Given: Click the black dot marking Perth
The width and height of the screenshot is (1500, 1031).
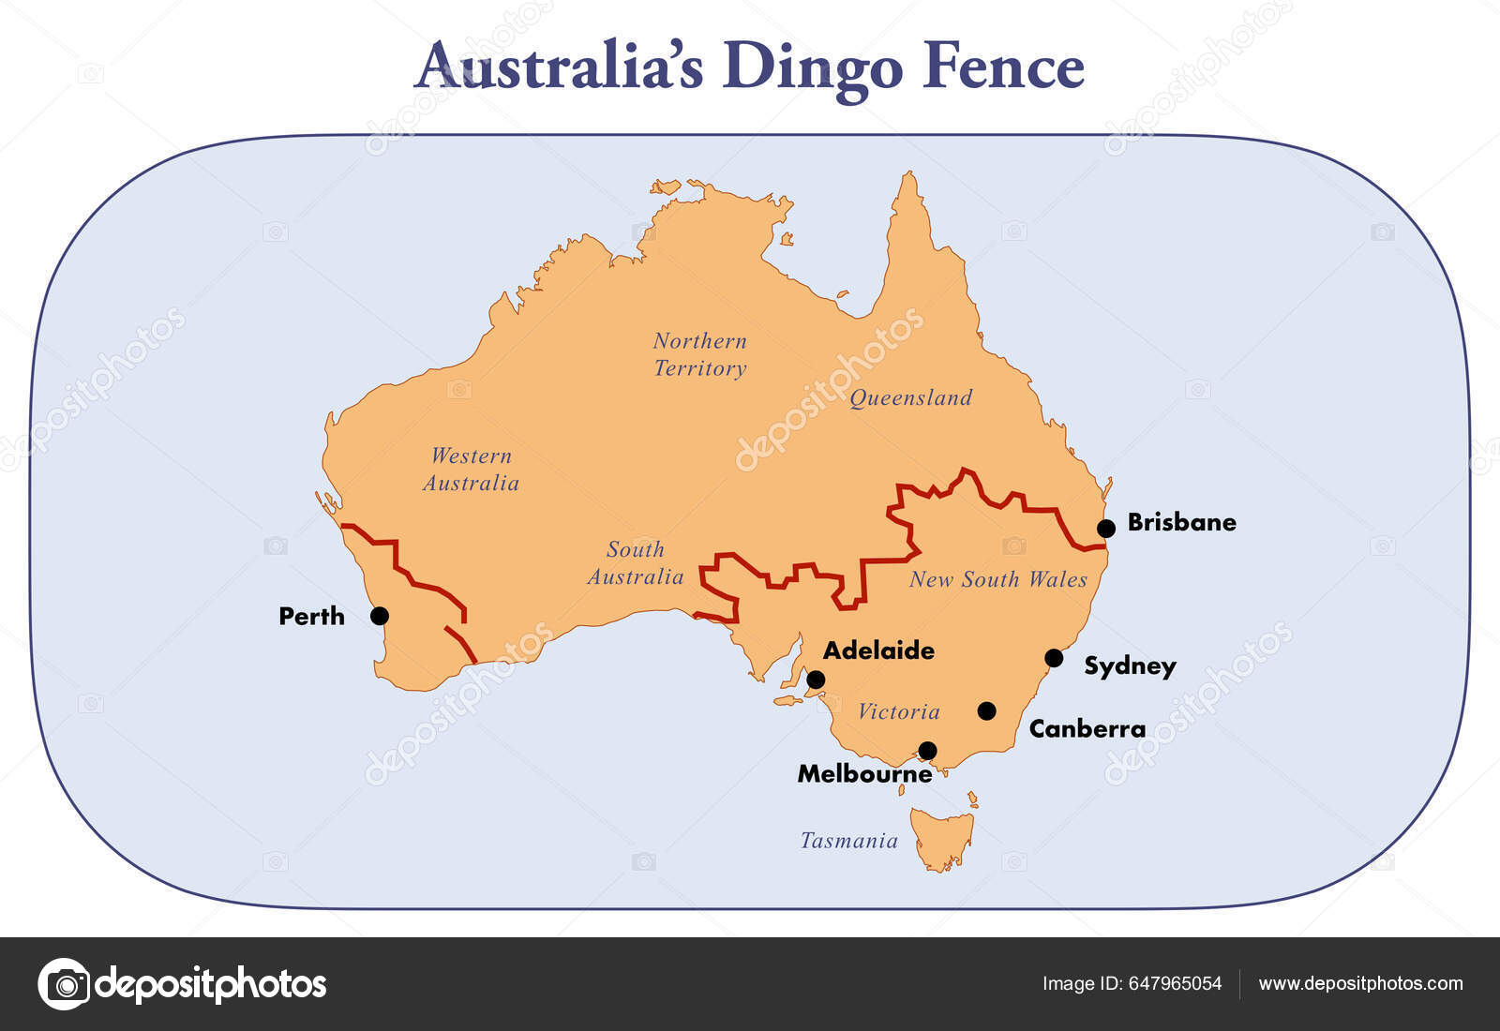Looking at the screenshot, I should click(380, 616).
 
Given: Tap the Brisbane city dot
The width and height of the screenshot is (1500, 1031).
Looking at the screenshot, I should click(1106, 528).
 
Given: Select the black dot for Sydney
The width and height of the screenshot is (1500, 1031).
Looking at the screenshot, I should click(1054, 658).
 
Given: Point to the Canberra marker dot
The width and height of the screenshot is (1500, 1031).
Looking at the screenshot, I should click(986, 710).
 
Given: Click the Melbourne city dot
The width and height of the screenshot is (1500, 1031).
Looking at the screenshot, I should click(927, 750).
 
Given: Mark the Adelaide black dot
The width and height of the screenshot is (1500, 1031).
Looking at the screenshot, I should click(816, 680).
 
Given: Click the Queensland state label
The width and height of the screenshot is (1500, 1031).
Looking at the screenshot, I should click(910, 397).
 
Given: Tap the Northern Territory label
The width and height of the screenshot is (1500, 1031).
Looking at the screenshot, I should click(699, 354).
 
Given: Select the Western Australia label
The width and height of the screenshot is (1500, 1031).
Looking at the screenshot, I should click(471, 470).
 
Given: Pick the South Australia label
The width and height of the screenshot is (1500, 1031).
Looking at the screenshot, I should click(635, 563).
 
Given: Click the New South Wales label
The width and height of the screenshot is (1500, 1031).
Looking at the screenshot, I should click(997, 579).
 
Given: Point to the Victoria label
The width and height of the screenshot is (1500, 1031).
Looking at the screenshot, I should click(898, 711).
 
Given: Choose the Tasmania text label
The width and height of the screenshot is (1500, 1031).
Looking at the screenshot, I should click(848, 841).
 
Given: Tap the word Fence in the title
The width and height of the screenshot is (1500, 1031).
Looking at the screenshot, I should click(1002, 67).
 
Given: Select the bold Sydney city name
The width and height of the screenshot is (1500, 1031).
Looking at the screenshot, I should click(1130, 665).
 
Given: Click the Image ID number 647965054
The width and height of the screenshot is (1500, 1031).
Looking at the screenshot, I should click(1175, 983).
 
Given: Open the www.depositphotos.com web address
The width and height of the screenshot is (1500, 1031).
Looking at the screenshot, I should click(1360, 983).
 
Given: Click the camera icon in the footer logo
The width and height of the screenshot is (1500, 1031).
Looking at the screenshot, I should click(65, 984).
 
